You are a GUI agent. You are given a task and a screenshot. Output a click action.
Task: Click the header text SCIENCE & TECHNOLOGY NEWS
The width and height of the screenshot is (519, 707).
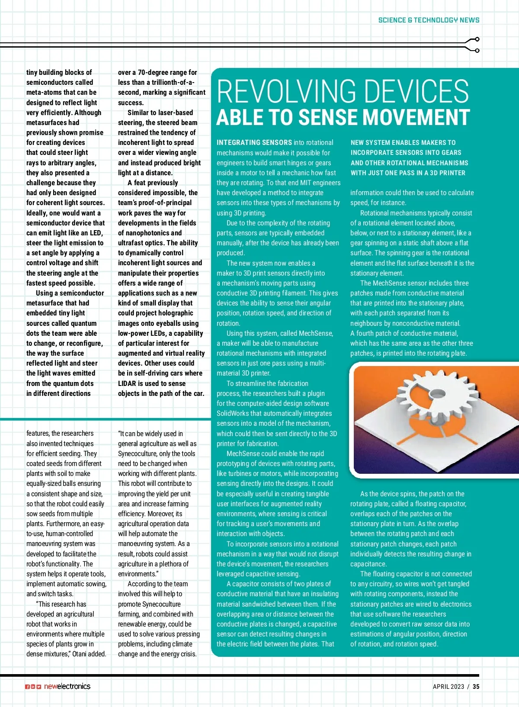click(429, 20)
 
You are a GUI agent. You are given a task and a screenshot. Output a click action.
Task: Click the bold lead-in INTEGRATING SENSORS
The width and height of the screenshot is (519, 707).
click(254, 142)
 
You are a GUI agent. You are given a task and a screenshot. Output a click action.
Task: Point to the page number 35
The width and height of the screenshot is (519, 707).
click(476, 687)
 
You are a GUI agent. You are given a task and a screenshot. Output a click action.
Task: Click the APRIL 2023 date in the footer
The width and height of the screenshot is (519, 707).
click(448, 687)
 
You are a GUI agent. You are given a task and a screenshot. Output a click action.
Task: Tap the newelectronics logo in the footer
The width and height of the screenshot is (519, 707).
click(67, 686)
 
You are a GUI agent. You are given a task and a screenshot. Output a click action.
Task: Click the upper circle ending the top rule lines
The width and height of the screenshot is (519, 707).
click(477, 39)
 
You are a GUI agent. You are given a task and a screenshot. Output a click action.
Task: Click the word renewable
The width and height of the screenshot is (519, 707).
click(134, 624)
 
